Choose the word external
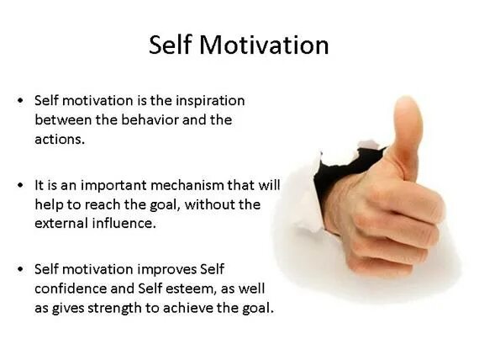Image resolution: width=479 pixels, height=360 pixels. click(x=61, y=224)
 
